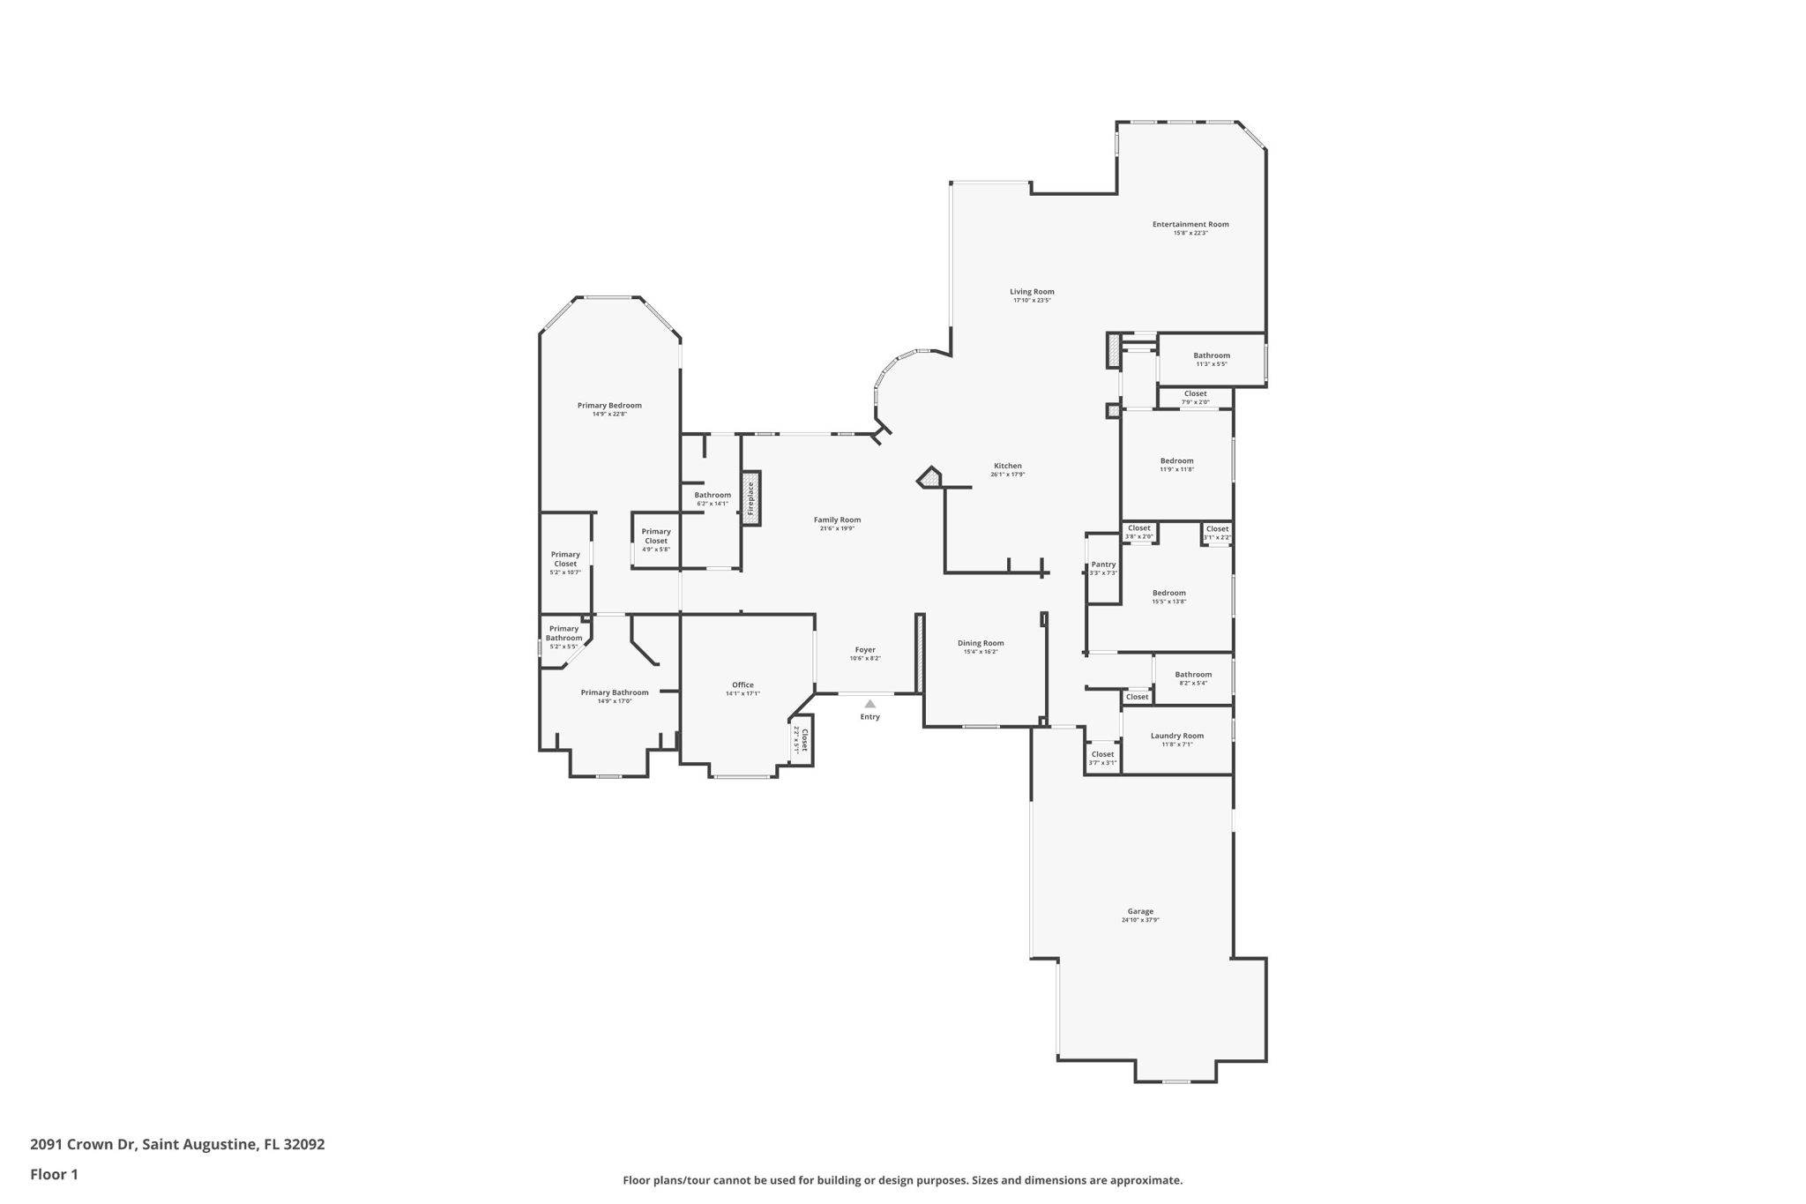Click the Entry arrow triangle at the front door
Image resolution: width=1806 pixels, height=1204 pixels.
click(869, 704)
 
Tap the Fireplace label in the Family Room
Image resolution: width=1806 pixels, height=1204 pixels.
click(750, 498)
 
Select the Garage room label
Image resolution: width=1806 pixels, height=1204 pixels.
click(1139, 911)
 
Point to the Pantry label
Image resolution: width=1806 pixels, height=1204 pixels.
click(1103, 565)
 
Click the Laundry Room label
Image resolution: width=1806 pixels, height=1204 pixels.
click(1176, 736)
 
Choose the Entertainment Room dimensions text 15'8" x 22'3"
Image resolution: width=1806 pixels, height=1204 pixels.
click(1190, 233)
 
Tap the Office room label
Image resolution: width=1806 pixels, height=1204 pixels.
click(743, 684)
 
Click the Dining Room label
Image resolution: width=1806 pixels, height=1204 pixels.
click(981, 643)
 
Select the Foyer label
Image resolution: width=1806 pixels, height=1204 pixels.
click(865, 649)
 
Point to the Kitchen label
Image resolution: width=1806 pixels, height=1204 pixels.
click(1007, 466)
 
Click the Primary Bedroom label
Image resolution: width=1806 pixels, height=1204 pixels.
click(609, 406)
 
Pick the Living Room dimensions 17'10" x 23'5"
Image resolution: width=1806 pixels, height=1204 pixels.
click(1032, 301)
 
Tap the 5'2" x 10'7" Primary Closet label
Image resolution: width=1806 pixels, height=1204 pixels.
click(565, 563)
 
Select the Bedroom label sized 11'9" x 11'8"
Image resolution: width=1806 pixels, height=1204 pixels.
click(1176, 460)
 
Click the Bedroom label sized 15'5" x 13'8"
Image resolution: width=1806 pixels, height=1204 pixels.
click(1168, 593)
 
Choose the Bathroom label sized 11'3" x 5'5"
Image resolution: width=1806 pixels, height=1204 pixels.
click(1211, 355)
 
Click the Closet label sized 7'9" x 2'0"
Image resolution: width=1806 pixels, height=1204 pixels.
click(1195, 394)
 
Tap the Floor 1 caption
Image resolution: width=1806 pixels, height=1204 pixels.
click(54, 1175)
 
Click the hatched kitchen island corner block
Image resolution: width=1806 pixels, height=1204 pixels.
click(929, 479)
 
